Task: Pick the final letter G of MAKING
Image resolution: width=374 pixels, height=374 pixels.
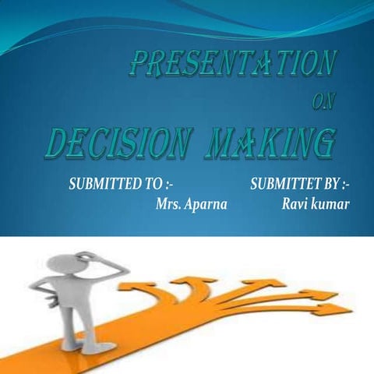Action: coord(326,145)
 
